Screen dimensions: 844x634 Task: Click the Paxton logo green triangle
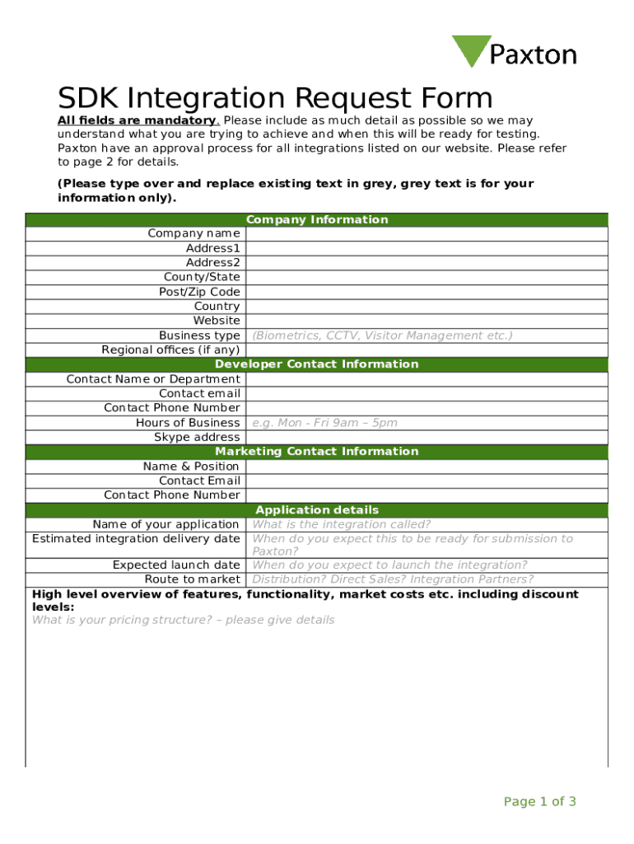(470, 49)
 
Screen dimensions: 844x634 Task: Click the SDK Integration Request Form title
(275, 99)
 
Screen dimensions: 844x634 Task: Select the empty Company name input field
(426, 234)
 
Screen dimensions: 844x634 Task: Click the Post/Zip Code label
(199, 292)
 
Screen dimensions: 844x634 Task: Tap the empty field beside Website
(426, 321)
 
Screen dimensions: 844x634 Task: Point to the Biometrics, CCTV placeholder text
(382, 335)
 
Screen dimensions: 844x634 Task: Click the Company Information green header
(317, 220)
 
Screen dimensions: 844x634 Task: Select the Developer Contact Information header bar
(317, 364)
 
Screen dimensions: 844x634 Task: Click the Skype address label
(197, 437)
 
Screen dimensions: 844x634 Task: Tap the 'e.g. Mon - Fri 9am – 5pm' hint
(324, 423)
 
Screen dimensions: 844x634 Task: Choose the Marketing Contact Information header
(317, 452)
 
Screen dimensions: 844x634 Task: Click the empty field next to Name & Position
(426, 467)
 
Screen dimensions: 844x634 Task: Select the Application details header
(317, 510)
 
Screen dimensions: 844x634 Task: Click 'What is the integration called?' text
(341, 524)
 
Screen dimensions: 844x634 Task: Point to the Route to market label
(192, 579)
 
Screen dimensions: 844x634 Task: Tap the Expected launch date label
(176, 565)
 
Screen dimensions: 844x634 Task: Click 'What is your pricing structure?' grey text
(183, 620)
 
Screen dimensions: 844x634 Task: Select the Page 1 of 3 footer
(539, 802)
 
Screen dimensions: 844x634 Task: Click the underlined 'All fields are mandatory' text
(136, 120)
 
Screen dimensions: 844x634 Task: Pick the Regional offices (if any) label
(170, 349)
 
